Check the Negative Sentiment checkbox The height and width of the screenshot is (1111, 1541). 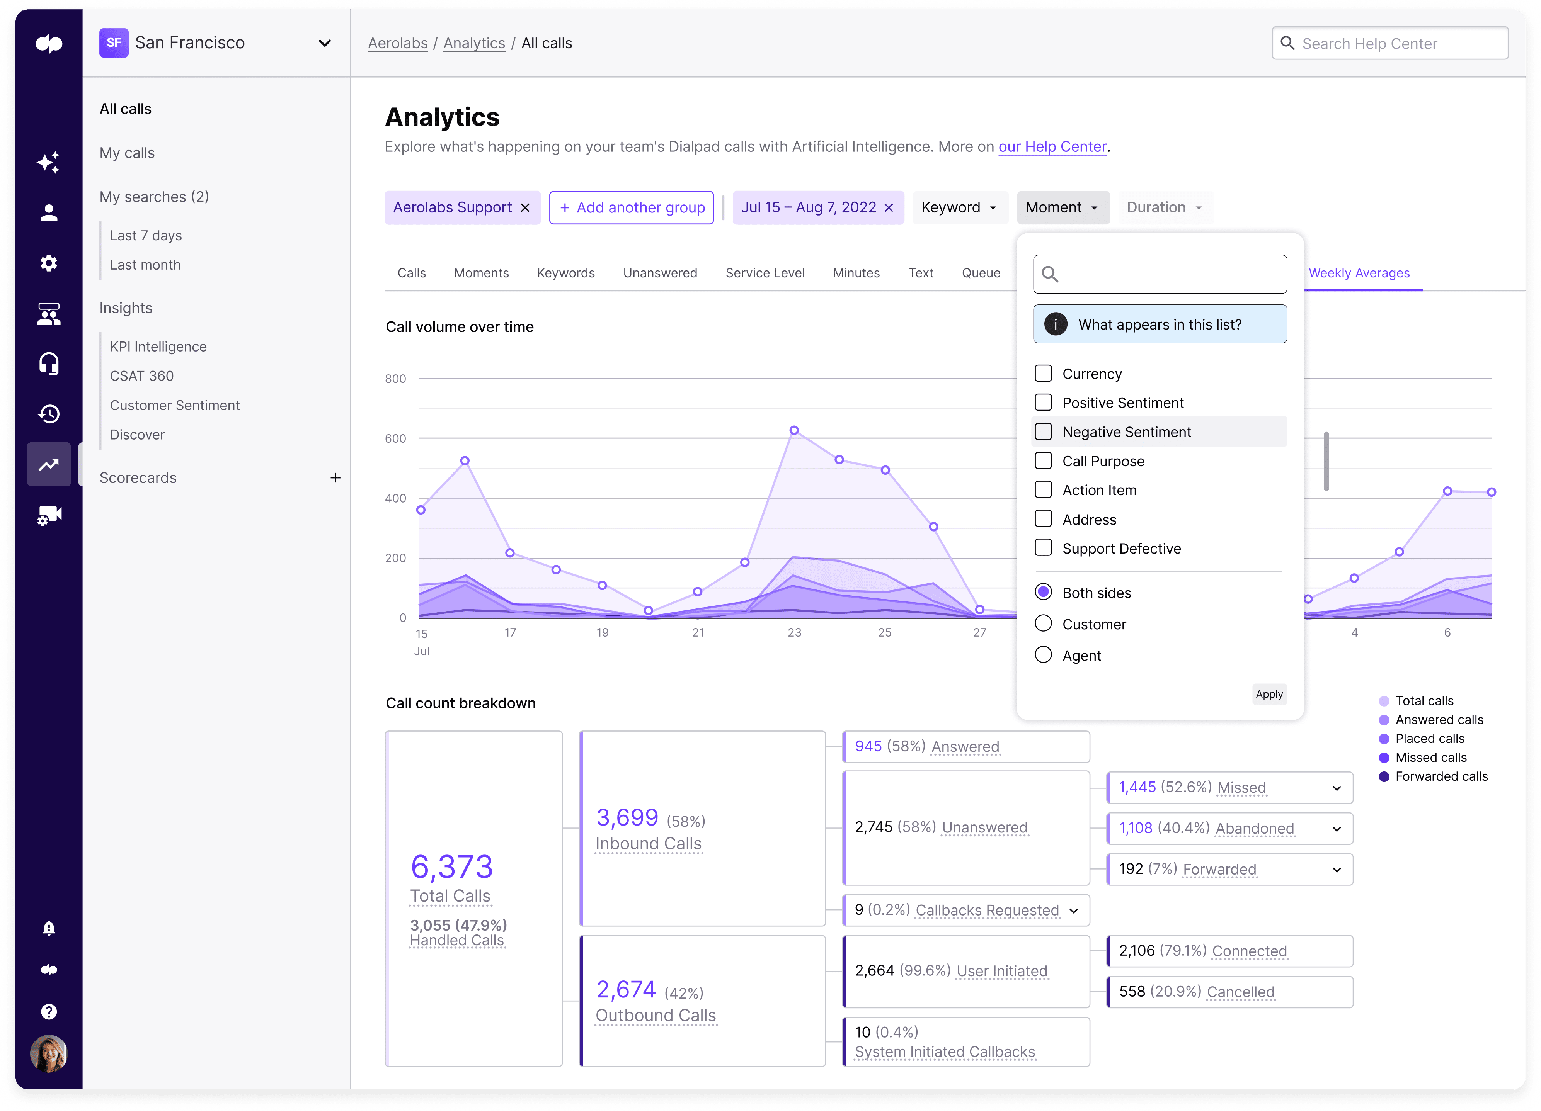point(1043,432)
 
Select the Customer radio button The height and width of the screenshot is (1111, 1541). point(1043,623)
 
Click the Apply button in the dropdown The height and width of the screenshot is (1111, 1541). point(1269,694)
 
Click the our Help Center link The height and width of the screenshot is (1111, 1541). point(1052,147)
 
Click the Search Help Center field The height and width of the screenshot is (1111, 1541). point(1389,44)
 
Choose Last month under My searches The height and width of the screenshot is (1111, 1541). point(145,265)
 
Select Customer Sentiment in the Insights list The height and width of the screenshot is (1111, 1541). point(175,405)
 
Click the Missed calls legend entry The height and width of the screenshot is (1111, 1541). point(1430,757)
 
